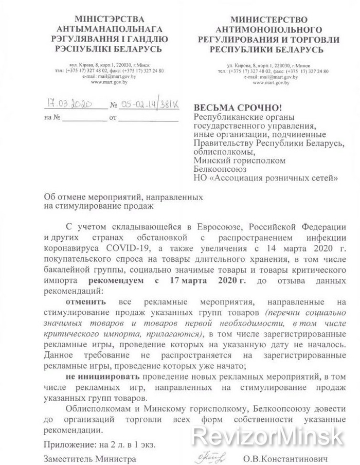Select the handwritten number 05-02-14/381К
pyautogui.click(x=149, y=104)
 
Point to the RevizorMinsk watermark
pyautogui.click(x=267, y=437)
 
